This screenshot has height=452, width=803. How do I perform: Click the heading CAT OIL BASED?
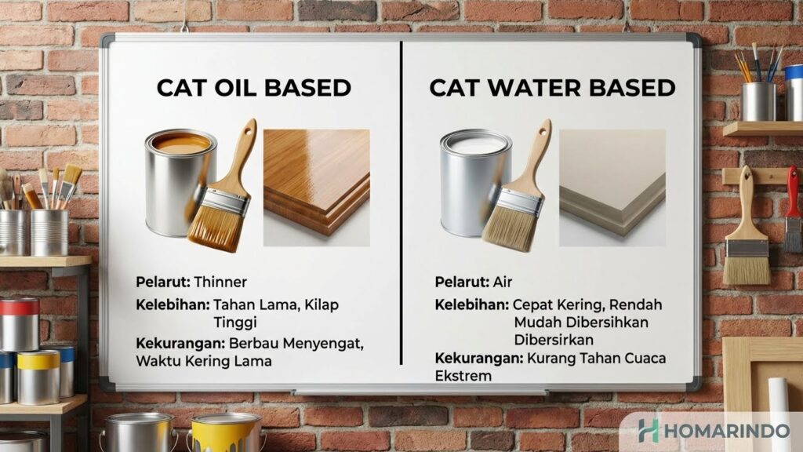point(253,87)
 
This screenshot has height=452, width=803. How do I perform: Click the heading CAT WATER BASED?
point(552,87)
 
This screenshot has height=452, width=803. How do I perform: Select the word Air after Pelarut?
point(503,281)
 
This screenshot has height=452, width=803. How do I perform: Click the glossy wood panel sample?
point(316,182)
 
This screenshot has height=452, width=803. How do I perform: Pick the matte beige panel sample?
point(612,182)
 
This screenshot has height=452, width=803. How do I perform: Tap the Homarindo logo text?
point(721,431)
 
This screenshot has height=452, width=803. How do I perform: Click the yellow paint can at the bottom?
point(225,432)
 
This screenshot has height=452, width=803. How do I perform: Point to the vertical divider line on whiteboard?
point(401,204)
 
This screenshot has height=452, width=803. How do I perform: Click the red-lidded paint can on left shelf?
point(20,323)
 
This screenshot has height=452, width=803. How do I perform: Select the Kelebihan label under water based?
point(471,304)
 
